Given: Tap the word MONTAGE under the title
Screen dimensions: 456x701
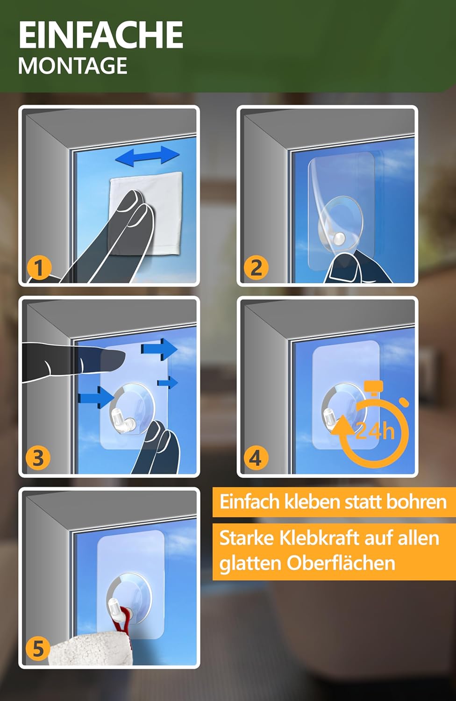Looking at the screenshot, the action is [x=72, y=66].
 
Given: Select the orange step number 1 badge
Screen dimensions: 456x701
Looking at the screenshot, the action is [x=39, y=268].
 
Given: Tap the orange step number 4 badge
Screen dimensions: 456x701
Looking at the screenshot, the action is [x=256, y=458].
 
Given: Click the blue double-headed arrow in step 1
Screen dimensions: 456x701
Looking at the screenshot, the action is [x=148, y=156].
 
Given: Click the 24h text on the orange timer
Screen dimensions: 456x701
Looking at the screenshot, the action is [x=375, y=431].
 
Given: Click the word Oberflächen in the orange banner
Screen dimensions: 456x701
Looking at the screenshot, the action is [x=341, y=563].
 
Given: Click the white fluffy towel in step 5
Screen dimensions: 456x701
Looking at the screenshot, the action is [x=89, y=651].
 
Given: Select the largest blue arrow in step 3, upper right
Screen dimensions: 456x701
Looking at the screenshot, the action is [x=159, y=349].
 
